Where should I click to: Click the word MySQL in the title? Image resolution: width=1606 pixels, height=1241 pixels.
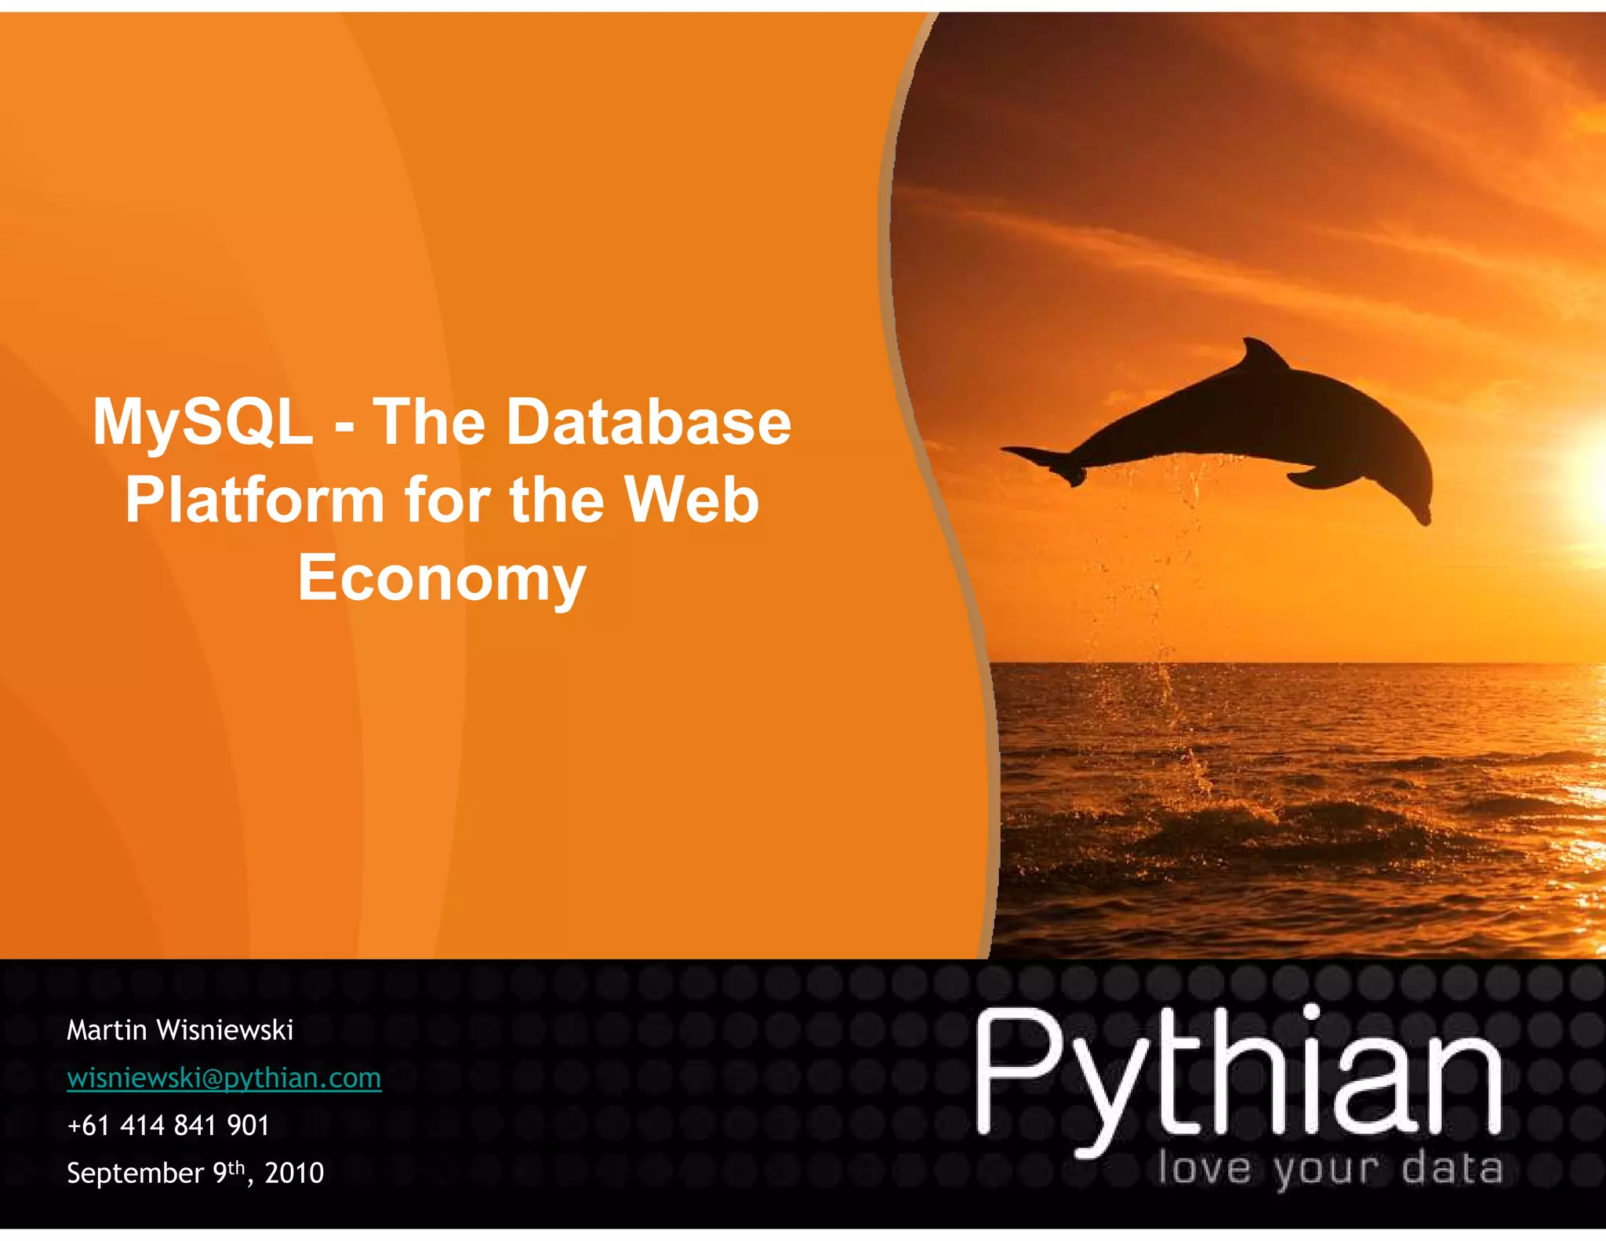[x=202, y=422]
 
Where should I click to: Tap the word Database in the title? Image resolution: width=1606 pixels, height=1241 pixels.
[x=649, y=422]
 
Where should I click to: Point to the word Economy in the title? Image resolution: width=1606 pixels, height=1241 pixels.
[x=441, y=578]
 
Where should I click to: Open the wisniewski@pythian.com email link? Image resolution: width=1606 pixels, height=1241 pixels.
[x=224, y=1078]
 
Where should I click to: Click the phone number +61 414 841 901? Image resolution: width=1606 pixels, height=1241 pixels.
[x=169, y=1126]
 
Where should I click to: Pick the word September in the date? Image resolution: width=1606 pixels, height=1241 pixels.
[x=135, y=1174]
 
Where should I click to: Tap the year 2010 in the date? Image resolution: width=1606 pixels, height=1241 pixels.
[x=294, y=1174]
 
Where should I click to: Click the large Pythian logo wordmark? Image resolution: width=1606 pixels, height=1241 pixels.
[x=1239, y=1075]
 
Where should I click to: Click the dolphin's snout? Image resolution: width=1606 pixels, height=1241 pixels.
[x=1421, y=514]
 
